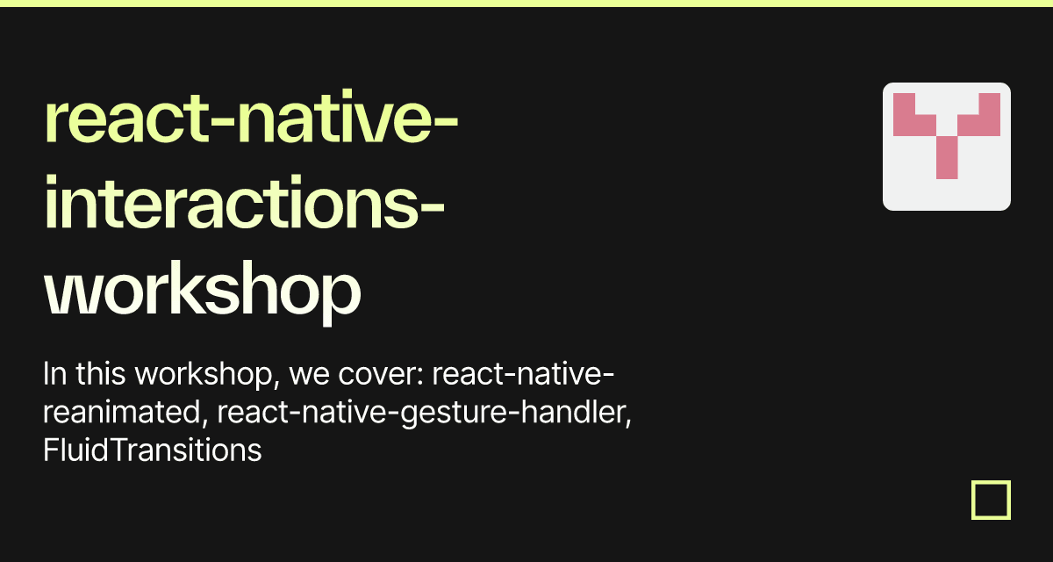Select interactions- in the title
(245, 202)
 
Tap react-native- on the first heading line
(251, 117)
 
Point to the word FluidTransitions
(153, 450)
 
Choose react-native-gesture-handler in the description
(424, 413)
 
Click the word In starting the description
(54, 374)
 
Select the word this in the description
(101, 374)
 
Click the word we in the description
(309, 376)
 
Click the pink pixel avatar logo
(947, 147)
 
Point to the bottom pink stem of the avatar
(947, 157)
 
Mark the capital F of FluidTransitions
(51, 450)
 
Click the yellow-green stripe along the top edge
(526, 4)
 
